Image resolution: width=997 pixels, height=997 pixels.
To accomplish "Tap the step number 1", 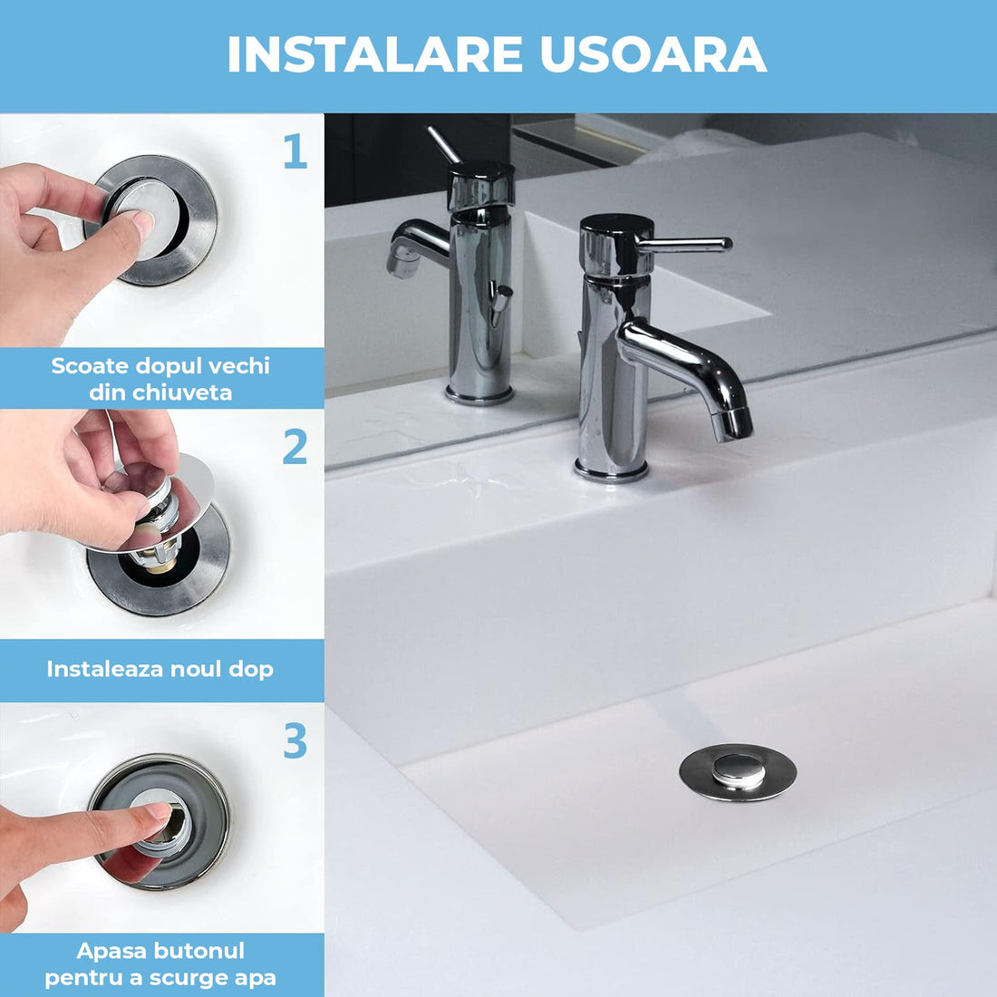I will point(295,152).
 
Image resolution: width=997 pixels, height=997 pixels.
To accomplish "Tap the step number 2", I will point(295,448).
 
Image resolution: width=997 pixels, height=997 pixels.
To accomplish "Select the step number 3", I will point(295,741).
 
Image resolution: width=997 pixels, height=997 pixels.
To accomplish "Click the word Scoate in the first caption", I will point(90,366).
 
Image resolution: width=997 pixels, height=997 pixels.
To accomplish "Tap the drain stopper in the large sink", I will point(738,771).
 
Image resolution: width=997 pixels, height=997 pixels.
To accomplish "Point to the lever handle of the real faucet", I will point(689,244).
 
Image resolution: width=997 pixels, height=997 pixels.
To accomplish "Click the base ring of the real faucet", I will point(612,471).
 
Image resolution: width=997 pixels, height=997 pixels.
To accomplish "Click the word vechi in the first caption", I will point(239,366).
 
